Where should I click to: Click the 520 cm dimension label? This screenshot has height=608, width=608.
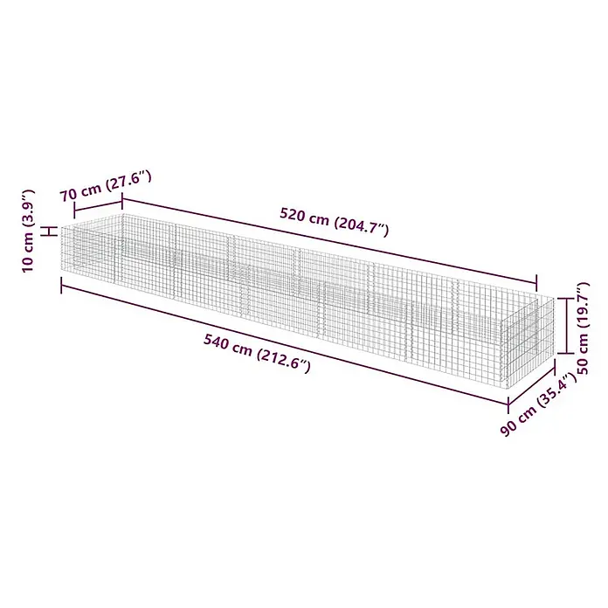pos(335,222)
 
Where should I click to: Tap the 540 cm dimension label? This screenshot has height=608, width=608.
pos(257,353)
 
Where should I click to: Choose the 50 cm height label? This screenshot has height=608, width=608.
pos(583,328)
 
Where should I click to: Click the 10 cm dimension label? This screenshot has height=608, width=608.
pos(29,231)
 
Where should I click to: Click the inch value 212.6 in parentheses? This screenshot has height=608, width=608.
pos(284,361)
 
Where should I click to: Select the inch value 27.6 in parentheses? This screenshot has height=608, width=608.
pos(128,181)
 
